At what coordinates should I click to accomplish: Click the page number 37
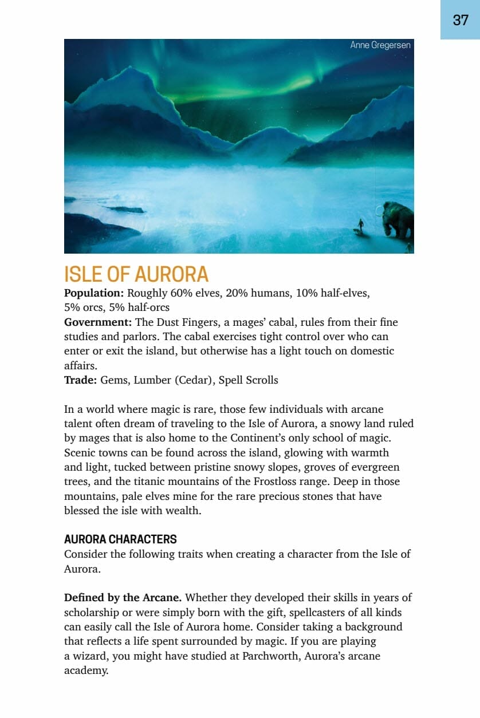(461, 20)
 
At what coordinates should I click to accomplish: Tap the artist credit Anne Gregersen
(380, 45)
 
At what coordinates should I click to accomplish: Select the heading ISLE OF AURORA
(136, 275)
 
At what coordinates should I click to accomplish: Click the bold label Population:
(94, 293)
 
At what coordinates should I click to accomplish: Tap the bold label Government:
(98, 322)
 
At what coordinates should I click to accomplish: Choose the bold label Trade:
(81, 380)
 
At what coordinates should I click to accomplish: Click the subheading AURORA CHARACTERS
(120, 539)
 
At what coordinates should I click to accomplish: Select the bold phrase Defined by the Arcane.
(123, 598)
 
